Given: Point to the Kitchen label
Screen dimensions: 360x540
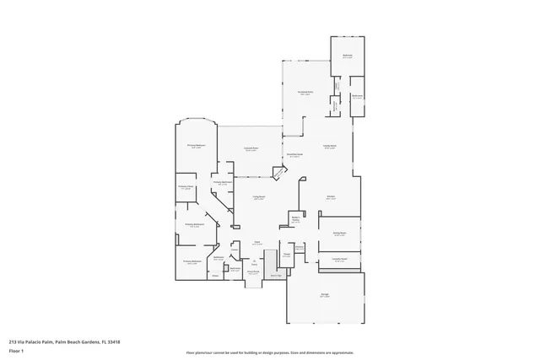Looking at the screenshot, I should click(332, 197).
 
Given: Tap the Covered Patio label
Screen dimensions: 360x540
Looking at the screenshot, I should click(251, 150).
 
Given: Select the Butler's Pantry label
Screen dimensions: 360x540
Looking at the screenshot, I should click(296, 219).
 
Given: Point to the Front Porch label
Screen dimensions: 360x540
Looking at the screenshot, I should click(252, 272).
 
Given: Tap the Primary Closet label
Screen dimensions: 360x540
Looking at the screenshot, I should click(186, 187).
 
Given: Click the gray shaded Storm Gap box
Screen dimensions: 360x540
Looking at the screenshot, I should click(275, 275).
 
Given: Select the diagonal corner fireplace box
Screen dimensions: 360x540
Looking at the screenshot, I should click(279, 172).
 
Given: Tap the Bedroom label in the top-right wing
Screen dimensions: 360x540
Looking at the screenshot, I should click(347, 56).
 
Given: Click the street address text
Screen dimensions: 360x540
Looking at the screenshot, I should click(64, 342).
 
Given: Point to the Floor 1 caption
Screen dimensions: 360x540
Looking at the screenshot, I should click(16, 352).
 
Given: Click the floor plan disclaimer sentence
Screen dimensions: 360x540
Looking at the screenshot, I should click(269, 352).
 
